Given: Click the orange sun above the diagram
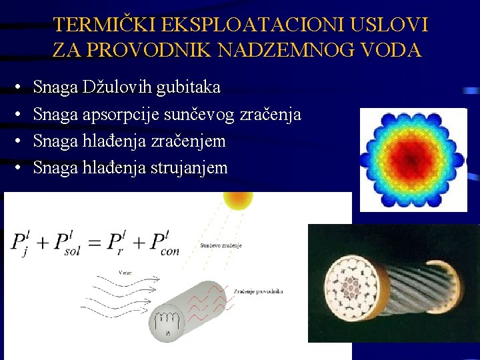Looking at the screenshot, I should pos(238,199).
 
